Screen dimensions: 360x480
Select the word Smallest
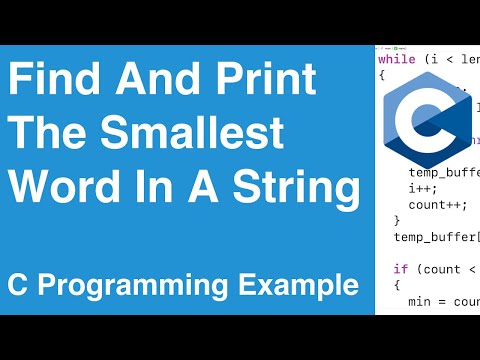pyautogui.click(x=200, y=134)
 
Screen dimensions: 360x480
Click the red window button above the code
pyautogui.click(x=380, y=45)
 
